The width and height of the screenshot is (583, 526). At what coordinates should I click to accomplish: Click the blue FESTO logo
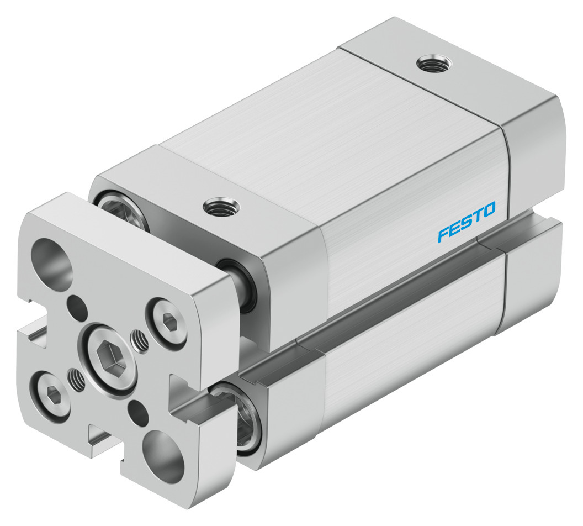coord(467,221)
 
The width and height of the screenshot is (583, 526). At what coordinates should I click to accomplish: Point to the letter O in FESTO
coord(489,209)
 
